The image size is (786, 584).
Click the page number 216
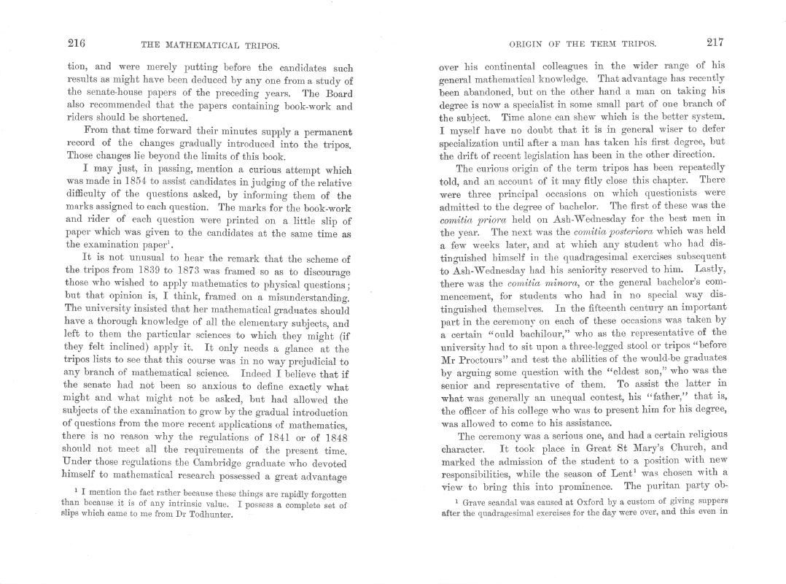[77, 43]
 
